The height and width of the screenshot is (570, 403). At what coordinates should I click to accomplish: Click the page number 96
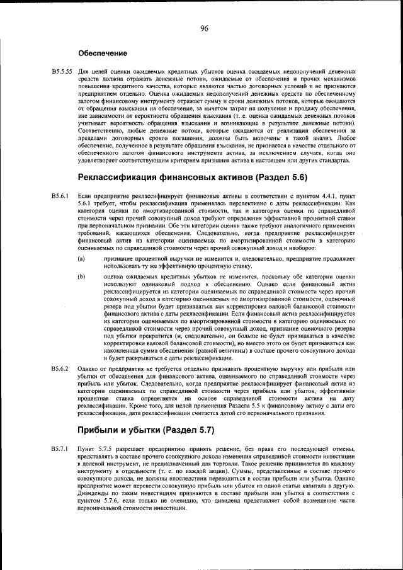tap(204, 27)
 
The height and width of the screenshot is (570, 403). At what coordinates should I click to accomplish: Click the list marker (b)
tap(81, 276)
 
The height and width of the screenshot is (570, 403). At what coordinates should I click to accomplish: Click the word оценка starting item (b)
tap(114, 276)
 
